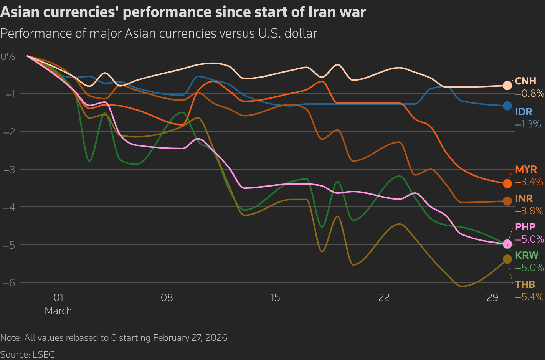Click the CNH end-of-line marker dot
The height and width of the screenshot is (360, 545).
tap(507, 85)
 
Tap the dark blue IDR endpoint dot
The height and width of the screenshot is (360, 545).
tap(507, 106)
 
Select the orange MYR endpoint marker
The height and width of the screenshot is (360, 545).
tap(507, 183)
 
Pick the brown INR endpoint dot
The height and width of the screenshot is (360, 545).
tap(507, 201)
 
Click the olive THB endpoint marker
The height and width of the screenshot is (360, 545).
tap(507, 259)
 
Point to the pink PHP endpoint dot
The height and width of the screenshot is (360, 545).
tap(507, 244)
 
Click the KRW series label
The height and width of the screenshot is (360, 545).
tap(527, 255)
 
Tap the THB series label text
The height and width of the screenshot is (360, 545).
tap(525, 284)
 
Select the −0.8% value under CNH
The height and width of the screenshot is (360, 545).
tap(530, 93)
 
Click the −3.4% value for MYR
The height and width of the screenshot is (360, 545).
tap(529, 182)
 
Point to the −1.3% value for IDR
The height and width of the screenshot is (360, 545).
tap(528, 124)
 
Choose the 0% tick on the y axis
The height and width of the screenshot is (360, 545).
tap(8, 56)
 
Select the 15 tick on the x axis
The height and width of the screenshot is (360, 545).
tap(275, 297)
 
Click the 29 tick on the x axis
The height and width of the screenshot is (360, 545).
tap(492, 297)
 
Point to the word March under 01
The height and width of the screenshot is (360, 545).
tap(58, 310)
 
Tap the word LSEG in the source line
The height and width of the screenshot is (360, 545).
tap(44, 354)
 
